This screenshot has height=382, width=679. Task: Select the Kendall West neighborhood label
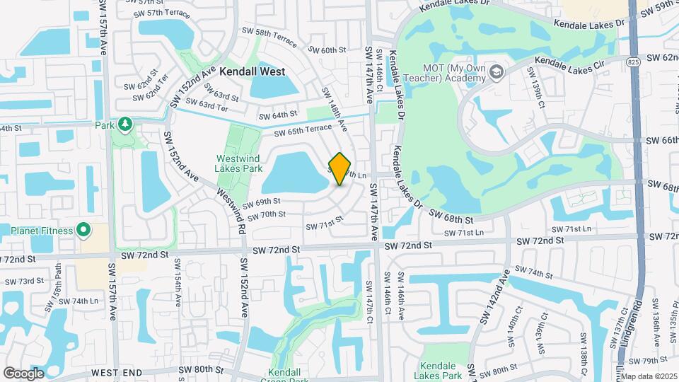click(x=252, y=71)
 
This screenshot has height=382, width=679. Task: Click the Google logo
click(x=24, y=373)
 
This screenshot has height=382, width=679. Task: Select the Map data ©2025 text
click(x=649, y=376)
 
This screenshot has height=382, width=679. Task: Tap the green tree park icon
click(x=125, y=125)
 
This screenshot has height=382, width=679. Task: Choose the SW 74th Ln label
click(x=78, y=301)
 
